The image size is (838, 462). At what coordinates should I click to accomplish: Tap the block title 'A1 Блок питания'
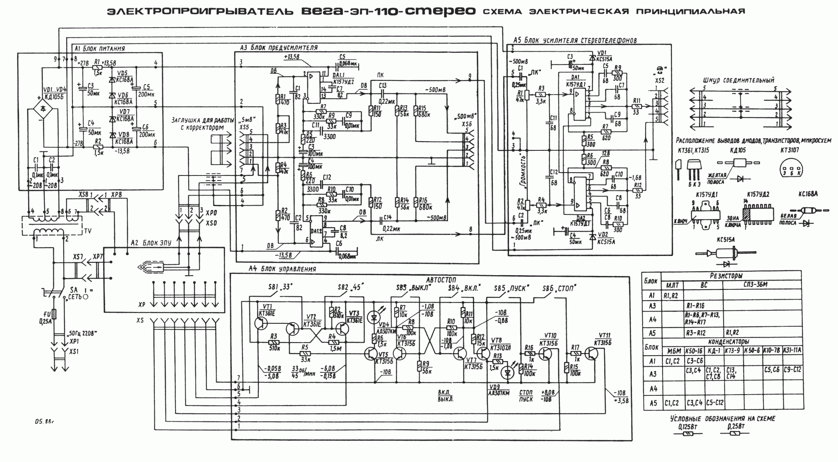99,49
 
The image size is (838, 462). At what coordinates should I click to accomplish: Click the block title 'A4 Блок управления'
282,269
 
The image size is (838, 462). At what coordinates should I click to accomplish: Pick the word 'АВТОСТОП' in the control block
441,280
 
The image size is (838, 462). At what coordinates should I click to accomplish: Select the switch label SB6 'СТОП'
559,289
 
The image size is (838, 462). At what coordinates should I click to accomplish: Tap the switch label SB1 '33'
279,287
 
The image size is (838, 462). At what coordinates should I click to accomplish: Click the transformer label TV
88,231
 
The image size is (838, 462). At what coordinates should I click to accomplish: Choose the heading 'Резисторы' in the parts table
726,276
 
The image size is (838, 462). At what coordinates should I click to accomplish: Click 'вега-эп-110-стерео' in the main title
388,11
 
